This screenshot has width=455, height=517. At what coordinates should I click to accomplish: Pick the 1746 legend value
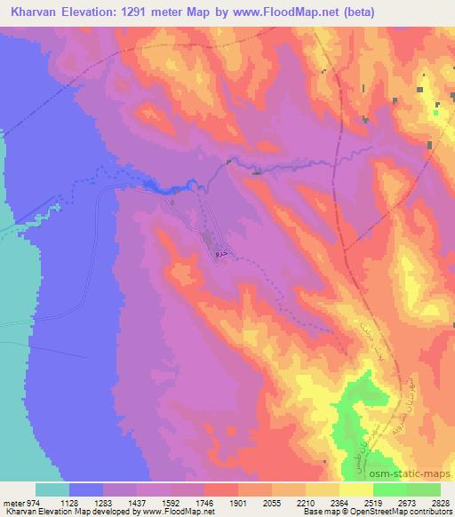point(206,503)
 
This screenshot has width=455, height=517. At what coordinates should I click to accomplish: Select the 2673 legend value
point(408,503)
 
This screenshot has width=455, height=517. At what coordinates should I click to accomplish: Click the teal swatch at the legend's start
point(52,489)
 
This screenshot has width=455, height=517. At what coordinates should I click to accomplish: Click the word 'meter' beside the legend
point(12,503)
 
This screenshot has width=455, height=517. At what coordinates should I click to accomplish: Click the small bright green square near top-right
point(436,111)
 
